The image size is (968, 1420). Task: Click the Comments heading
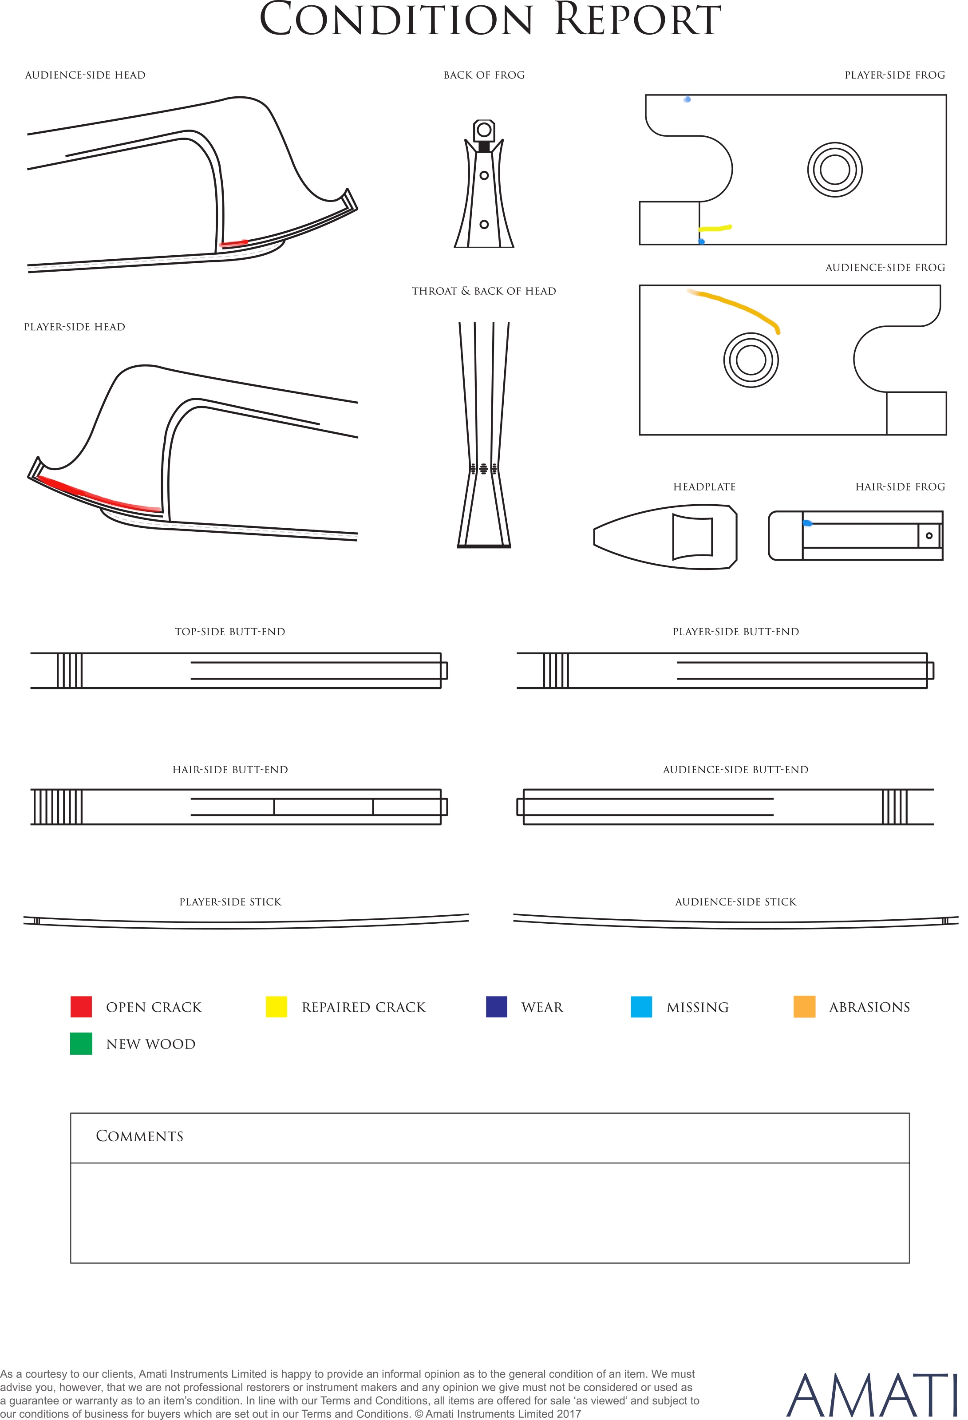pyautogui.click(x=139, y=1136)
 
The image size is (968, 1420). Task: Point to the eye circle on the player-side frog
pyautogui.click(x=835, y=170)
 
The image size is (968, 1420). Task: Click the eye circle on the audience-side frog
pyautogui.click(x=751, y=360)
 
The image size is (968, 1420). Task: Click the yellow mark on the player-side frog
pyautogui.click(x=715, y=229)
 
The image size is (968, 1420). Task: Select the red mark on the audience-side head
pyautogui.click(x=233, y=243)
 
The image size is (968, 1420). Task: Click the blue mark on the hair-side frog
pyautogui.click(x=807, y=523)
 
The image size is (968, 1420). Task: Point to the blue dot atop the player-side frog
pyautogui.click(x=687, y=99)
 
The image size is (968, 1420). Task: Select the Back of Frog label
pyautogui.click(x=484, y=75)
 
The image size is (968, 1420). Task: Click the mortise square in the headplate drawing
pyautogui.click(x=692, y=537)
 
